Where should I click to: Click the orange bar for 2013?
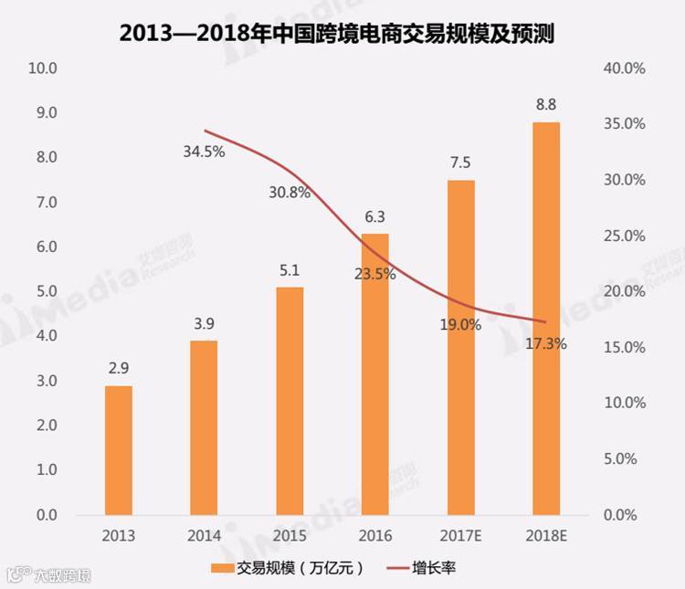point(119,450)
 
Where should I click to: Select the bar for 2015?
point(290,402)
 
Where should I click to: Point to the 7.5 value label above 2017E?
point(460,163)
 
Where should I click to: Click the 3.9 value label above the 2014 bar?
point(204,323)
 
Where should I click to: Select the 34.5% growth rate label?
point(204,152)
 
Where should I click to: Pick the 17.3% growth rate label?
point(546,345)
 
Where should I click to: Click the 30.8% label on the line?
point(290,193)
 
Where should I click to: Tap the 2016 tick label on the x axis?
point(375,535)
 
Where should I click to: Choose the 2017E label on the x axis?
point(460,535)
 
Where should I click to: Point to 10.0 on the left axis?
point(44,68)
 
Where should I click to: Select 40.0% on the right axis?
point(625,68)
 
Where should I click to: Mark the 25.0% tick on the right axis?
point(625,236)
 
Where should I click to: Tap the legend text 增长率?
point(438,568)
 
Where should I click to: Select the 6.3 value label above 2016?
point(375,216)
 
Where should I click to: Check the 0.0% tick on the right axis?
point(625,515)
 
